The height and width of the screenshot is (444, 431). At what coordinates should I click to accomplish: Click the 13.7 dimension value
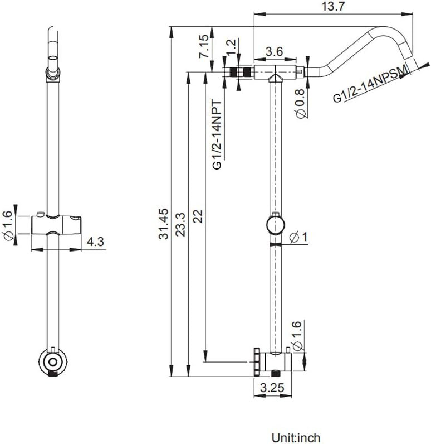[x=334, y=6]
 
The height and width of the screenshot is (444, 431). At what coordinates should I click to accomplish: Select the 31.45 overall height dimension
[x=164, y=224]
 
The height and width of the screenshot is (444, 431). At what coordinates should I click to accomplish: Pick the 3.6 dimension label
[x=275, y=51]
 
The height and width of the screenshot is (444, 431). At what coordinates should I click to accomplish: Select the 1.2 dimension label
[x=231, y=47]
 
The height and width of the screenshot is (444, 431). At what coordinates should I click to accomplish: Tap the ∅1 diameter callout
[x=299, y=237]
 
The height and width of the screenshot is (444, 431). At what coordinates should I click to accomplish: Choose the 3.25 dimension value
[x=272, y=388]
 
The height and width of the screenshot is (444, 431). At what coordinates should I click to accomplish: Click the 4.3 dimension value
[x=95, y=242]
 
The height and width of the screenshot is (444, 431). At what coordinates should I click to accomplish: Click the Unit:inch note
[x=296, y=437]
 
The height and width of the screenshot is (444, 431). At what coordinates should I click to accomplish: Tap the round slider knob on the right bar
[x=276, y=225]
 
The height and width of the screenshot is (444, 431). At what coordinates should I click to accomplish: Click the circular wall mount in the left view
[x=53, y=362]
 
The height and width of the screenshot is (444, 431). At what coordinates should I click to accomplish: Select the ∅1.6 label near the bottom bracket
[x=298, y=337]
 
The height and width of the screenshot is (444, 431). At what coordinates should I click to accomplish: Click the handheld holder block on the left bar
[x=56, y=225]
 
